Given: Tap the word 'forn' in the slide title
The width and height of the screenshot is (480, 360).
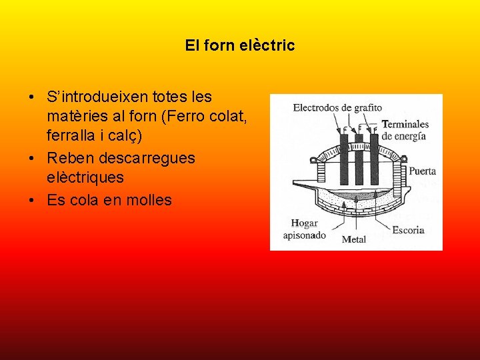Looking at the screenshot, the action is pyautogui.click(x=216, y=46).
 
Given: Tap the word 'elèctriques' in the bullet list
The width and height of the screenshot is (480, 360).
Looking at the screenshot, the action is pyautogui.click(x=85, y=179).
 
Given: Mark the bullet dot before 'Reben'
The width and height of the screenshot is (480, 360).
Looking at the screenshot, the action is pyautogui.click(x=33, y=159).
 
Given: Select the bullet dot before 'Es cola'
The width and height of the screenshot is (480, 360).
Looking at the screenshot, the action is pyautogui.click(x=33, y=201).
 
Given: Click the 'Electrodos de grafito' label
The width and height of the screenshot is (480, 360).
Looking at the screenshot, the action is pyautogui.click(x=337, y=107).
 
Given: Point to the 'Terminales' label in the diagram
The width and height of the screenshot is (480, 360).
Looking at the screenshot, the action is pyautogui.click(x=405, y=124).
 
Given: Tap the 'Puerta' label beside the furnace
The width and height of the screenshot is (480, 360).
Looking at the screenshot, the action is pyautogui.click(x=423, y=171).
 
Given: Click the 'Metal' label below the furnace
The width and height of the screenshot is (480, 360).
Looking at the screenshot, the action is pyautogui.click(x=353, y=239).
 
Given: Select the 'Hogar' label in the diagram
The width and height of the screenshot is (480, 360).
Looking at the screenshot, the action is pyautogui.click(x=304, y=223).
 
